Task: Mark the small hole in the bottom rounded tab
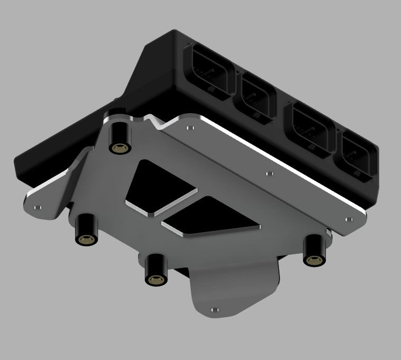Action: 213,310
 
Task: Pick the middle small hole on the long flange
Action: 269,172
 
